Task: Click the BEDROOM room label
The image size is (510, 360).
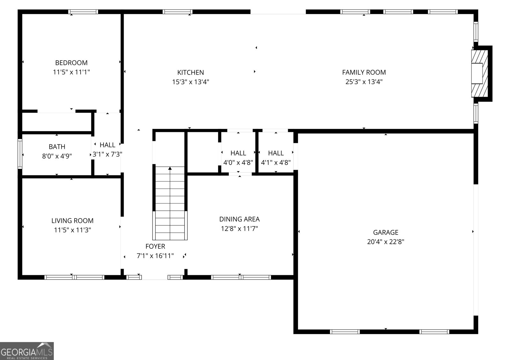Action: (71, 63)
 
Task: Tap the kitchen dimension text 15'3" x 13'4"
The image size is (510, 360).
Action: (191, 82)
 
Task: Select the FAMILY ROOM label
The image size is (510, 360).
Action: (364, 72)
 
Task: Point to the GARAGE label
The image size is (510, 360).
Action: (385, 232)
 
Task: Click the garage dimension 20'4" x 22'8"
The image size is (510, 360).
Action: (385, 242)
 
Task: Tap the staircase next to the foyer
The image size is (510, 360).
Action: (170, 204)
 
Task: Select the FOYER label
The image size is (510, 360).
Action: (155, 246)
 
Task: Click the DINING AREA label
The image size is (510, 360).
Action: (239, 219)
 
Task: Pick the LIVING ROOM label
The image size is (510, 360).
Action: (72, 221)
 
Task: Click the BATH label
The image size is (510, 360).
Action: (57, 147)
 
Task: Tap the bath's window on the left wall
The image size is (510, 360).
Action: (20, 154)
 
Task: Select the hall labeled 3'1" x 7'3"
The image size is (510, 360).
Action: (107, 154)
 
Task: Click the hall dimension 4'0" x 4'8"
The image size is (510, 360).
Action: (238, 162)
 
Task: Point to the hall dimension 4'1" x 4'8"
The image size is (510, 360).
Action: (276, 162)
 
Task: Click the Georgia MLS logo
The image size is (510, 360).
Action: (27, 351)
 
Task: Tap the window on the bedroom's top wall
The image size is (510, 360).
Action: (83, 12)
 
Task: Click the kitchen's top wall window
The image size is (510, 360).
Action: (177, 12)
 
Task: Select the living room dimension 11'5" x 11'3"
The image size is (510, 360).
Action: (72, 230)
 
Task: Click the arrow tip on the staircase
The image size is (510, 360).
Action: (170, 168)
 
